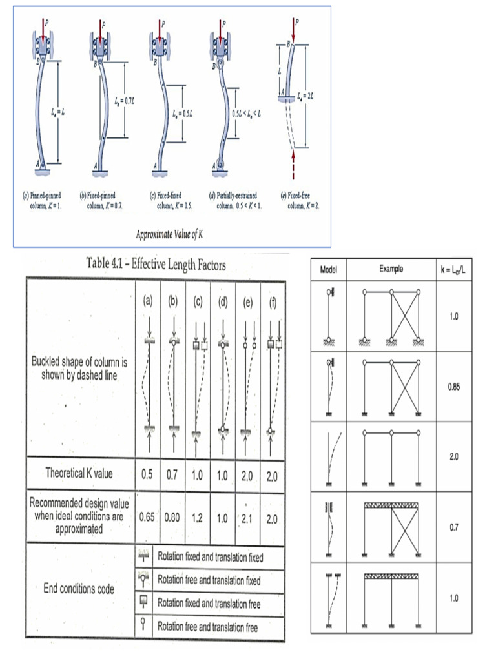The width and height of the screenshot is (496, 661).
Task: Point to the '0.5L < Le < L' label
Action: click(245, 114)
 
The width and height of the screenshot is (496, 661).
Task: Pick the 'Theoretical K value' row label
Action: click(79, 473)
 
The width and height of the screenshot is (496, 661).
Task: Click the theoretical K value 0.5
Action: click(148, 474)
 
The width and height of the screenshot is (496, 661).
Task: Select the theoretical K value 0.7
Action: click(172, 474)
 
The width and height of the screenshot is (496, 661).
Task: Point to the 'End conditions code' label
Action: click(79, 588)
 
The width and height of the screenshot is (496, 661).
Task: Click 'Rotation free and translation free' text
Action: click(209, 626)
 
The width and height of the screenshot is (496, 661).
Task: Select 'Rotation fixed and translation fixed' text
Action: click(211, 556)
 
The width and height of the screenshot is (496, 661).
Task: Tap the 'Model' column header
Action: click(329, 270)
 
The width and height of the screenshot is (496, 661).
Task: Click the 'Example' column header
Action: click(391, 270)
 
